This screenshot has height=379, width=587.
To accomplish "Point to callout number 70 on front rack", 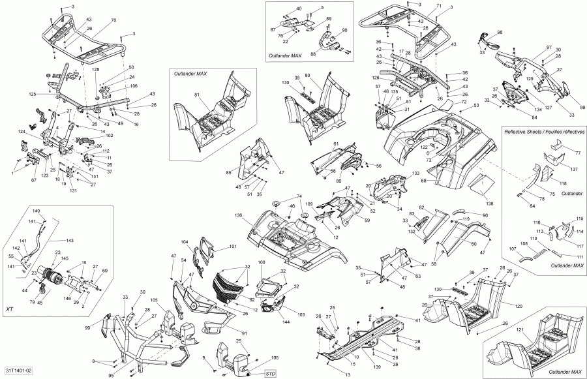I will click(x=113, y=21).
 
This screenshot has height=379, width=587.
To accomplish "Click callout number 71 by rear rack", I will click(x=439, y=6).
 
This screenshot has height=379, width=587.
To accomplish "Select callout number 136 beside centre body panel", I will click(x=239, y=216).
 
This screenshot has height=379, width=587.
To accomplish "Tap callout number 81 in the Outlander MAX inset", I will click(x=196, y=95).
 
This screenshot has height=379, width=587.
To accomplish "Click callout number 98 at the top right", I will click(x=500, y=32).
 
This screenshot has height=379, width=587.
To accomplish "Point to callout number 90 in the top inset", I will click(x=345, y=31).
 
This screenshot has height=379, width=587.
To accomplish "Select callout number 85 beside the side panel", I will click(x=229, y=173).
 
